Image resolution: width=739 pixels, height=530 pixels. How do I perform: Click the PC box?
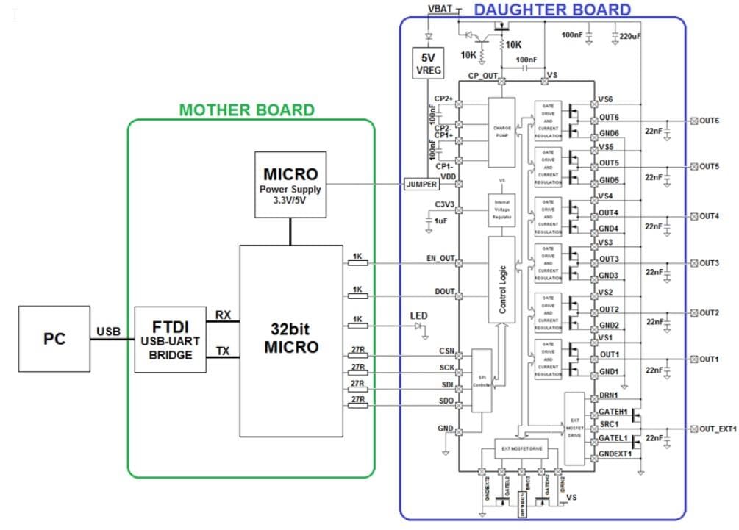[54, 339]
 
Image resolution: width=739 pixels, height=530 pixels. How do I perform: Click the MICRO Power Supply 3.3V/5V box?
[290, 185]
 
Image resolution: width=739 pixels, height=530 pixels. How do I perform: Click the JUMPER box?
[421, 185]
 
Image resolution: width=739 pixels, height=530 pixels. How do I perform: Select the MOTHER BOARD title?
[247, 110]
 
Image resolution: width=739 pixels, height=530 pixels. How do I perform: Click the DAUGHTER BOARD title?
[552, 10]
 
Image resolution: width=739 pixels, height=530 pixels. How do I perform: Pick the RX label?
[223, 315]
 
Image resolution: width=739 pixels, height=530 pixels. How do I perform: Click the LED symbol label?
[418, 315]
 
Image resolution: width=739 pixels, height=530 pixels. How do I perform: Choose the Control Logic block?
[502, 280]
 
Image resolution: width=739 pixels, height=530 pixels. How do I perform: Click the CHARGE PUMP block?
[502, 132]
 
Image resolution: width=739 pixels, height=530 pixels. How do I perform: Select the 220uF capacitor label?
[629, 35]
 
